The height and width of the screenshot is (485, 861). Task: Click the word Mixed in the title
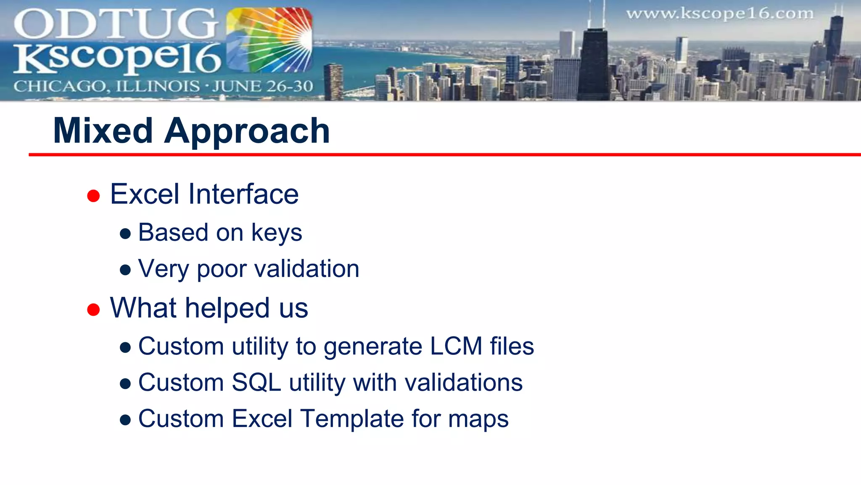[x=103, y=131]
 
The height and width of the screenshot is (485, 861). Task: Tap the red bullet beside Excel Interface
[x=93, y=196]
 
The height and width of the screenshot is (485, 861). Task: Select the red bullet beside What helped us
[x=93, y=310]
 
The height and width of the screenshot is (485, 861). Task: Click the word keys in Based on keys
[x=276, y=233]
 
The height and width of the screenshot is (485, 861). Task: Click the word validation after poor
[x=307, y=269]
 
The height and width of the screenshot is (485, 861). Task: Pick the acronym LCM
[x=456, y=346]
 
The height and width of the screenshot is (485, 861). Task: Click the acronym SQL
[x=256, y=383]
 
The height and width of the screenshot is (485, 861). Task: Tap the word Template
[x=352, y=419]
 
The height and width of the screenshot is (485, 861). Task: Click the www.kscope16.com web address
[x=720, y=14]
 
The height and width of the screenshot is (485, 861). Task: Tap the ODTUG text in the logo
[x=116, y=24]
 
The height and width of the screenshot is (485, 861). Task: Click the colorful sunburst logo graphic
[x=269, y=40]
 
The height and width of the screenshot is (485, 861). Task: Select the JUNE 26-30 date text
[x=262, y=86]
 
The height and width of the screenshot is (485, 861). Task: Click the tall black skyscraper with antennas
[x=594, y=63]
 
